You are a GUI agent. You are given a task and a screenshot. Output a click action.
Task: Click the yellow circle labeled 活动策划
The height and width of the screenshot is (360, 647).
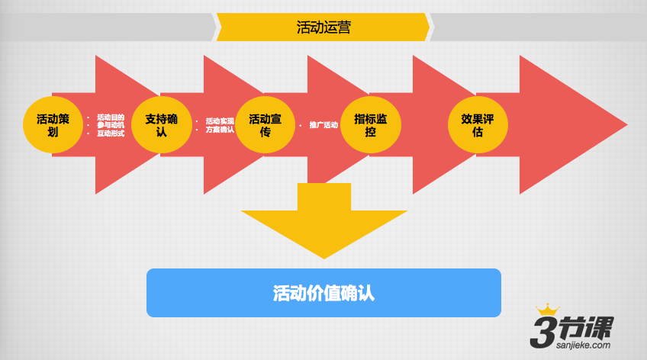(x=53, y=124)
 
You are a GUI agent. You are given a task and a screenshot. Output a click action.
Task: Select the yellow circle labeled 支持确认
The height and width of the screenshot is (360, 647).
(x=161, y=124)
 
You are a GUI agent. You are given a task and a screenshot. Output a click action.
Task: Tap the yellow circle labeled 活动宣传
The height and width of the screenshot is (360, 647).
(x=265, y=124)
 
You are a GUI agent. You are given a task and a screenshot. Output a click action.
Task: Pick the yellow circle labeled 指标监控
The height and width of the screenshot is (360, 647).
(x=370, y=124)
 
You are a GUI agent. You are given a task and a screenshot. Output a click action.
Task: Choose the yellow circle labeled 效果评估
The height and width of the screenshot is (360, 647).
(x=477, y=124)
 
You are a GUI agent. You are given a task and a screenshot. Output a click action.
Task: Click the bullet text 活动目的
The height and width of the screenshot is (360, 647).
(x=110, y=117)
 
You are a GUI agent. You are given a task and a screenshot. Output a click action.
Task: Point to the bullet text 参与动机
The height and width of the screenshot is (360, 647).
(x=110, y=125)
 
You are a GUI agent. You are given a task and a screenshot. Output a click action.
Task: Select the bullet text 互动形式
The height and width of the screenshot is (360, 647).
(x=110, y=133)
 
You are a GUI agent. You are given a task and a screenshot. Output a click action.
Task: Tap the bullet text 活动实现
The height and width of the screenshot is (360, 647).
(x=220, y=121)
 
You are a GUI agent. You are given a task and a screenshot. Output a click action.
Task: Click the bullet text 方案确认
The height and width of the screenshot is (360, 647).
(x=220, y=130)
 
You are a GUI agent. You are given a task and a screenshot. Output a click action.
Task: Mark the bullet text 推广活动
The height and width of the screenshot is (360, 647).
(x=323, y=125)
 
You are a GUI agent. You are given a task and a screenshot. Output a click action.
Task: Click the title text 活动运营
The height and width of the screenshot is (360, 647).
(x=323, y=27)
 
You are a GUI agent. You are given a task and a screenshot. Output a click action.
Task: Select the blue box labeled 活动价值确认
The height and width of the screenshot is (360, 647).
(x=323, y=293)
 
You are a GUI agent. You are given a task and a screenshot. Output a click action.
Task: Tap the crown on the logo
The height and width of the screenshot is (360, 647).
(x=547, y=310)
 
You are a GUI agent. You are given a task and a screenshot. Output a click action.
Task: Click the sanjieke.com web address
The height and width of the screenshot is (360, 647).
(x=579, y=345)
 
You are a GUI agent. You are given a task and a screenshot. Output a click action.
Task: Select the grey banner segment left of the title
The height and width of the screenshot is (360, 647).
(x=107, y=27)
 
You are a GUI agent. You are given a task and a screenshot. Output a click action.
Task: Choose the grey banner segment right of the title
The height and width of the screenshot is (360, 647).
(x=538, y=27)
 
